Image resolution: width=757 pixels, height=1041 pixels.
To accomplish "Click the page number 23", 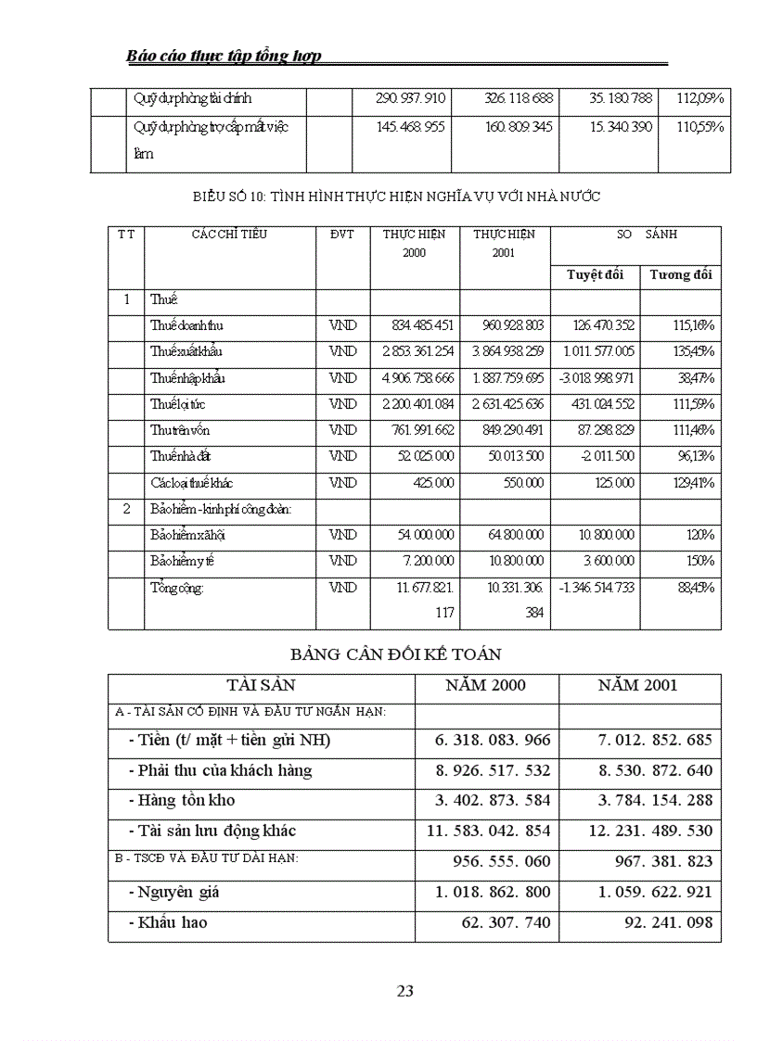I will coord(404,991).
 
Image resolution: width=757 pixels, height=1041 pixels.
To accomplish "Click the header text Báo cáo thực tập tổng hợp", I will coord(224,56).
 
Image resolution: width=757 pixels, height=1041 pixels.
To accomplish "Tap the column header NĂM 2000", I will coord(486,686).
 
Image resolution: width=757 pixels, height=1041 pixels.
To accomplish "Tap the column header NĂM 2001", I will coord(639,686).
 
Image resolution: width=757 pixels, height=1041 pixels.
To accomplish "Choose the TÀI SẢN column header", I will coord(261,686).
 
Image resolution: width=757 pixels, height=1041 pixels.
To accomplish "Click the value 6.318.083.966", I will coord(493,740).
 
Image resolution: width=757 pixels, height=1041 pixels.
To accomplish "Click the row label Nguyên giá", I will coord(174,893).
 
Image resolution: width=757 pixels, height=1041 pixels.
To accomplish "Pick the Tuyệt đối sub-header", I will coord(595,274).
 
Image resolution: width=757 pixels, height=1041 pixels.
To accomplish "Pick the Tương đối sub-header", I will coord(680,274).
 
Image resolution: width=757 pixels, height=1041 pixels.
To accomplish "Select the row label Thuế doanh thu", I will coord(186,325).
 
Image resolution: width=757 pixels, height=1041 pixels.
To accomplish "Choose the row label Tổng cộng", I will coord(176,588).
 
